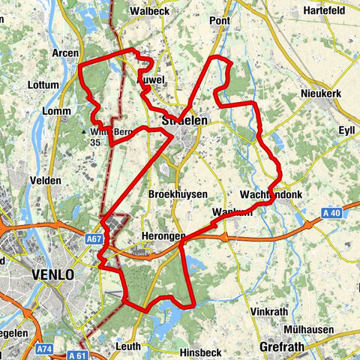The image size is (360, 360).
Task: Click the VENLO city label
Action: click(x=53, y=275)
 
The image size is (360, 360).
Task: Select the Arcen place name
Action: click(x=65, y=53)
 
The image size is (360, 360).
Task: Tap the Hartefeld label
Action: click(x=325, y=11)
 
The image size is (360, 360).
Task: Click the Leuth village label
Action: click(x=128, y=346)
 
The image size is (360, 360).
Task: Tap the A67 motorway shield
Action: click(x=94, y=238)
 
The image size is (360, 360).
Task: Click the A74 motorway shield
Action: click(x=46, y=348)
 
